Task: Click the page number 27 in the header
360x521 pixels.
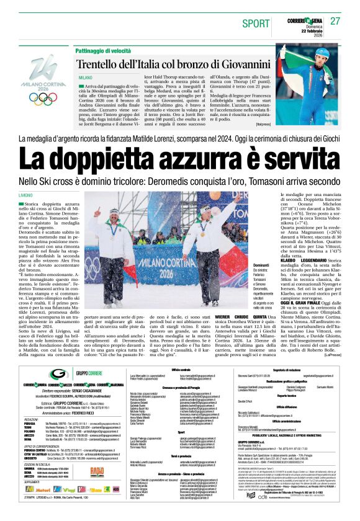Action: point(335,20)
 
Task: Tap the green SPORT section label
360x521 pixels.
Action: point(256,24)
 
